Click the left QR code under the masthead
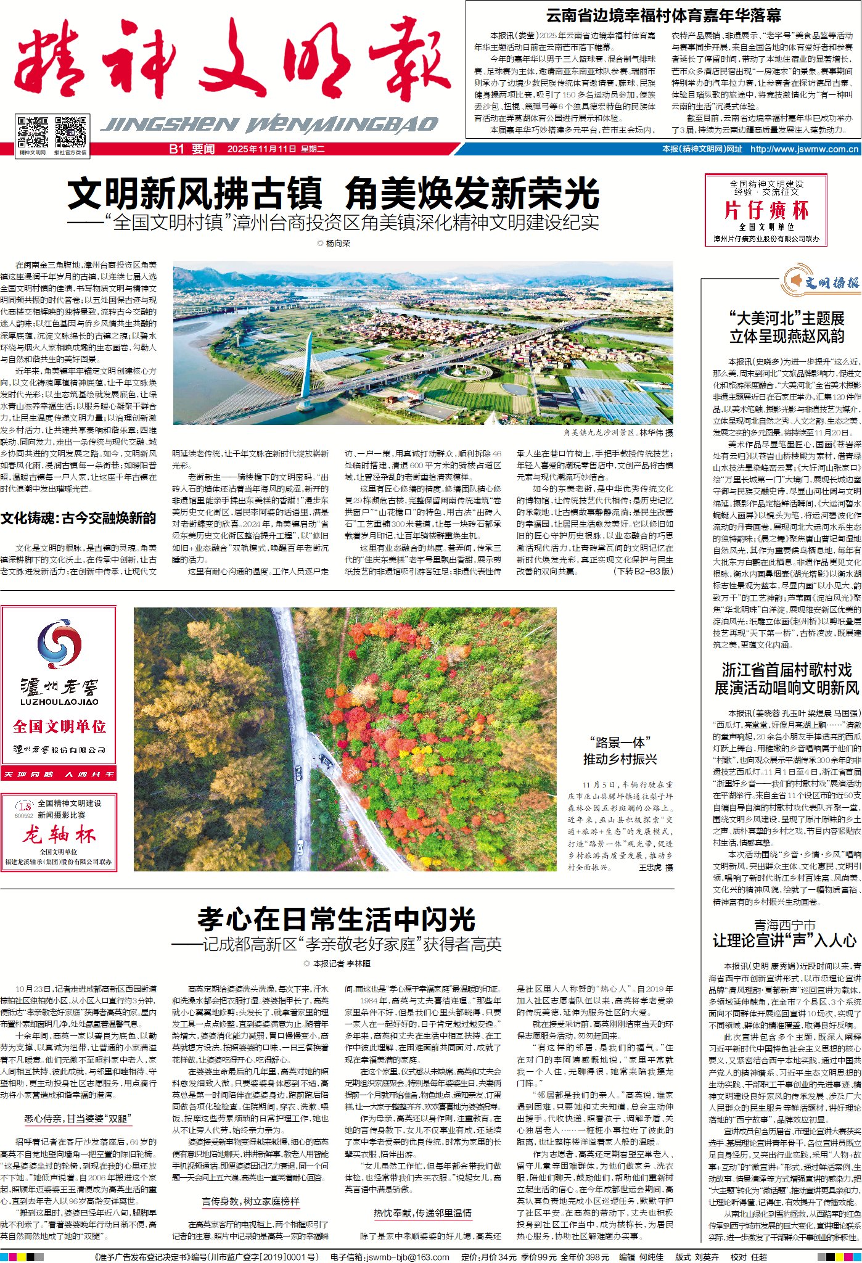click(x=33, y=131)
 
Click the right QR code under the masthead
click(x=70, y=131)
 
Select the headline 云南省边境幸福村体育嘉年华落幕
click(x=663, y=15)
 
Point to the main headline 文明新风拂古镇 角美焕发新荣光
click(x=333, y=194)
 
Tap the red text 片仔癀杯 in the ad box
click(x=766, y=210)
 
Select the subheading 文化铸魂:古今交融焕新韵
click(x=78, y=518)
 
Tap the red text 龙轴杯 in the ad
click(x=59, y=835)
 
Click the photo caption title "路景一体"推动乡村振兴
click(x=620, y=751)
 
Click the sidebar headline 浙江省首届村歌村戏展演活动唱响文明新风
click(x=786, y=679)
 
